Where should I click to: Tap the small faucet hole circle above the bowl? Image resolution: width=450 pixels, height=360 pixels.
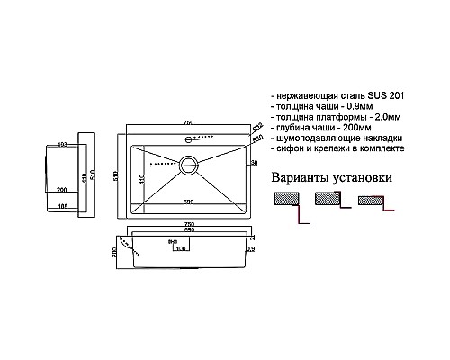click(x=190, y=139)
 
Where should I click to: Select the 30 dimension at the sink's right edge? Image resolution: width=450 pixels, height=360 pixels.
click(x=255, y=162)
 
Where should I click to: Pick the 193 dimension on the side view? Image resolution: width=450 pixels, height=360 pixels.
click(x=62, y=144)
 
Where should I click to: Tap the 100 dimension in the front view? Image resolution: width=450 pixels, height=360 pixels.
click(x=180, y=247)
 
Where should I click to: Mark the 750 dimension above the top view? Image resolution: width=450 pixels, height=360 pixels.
click(x=190, y=124)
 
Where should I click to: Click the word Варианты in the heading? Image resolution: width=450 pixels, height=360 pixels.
click(x=297, y=177)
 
